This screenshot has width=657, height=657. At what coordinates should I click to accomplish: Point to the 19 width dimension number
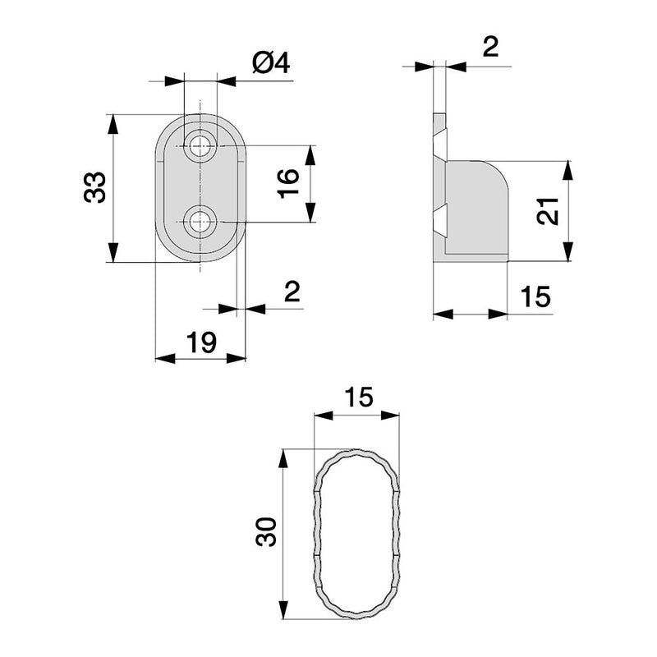(x=201, y=341)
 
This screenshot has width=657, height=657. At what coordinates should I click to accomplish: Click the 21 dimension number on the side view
(x=550, y=212)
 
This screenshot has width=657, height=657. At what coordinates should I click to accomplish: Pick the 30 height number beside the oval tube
(x=264, y=533)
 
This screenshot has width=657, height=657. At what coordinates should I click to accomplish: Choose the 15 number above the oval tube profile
(x=358, y=397)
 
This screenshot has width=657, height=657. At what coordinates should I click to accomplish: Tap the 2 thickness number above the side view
(x=489, y=47)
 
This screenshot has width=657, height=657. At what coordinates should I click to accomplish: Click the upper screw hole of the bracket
(x=198, y=148)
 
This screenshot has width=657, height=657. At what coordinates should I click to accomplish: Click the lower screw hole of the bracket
(x=198, y=222)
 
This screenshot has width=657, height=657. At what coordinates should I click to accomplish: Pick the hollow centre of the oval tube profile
(x=358, y=534)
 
